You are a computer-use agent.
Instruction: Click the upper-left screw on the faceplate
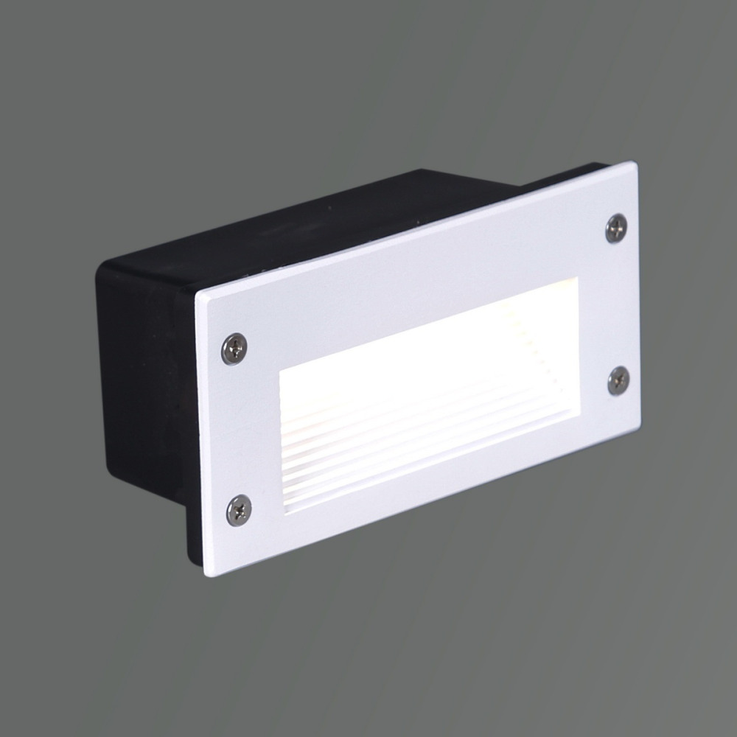tap(234, 349)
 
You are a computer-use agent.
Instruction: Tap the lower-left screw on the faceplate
tap(239, 510)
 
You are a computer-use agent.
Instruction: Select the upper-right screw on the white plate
tap(616, 228)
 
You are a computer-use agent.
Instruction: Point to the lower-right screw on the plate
tap(618, 380)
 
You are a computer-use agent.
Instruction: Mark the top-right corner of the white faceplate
tap(634, 164)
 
